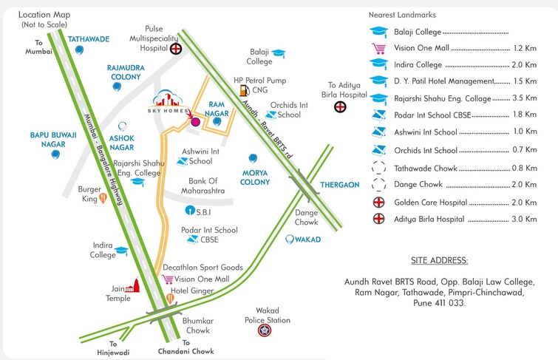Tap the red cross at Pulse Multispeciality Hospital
[x=176, y=50]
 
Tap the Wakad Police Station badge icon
[x=263, y=331]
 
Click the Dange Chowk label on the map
[x=307, y=217]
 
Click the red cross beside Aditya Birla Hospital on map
[x=340, y=106]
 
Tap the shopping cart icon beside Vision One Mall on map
[x=168, y=279]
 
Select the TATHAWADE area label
[x=89, y=38]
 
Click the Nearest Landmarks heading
[x=401, y=15]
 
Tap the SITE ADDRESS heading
[x=439, y=261]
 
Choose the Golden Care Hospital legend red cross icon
[x=379, y=202]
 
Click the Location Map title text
[x=44, y=14]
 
